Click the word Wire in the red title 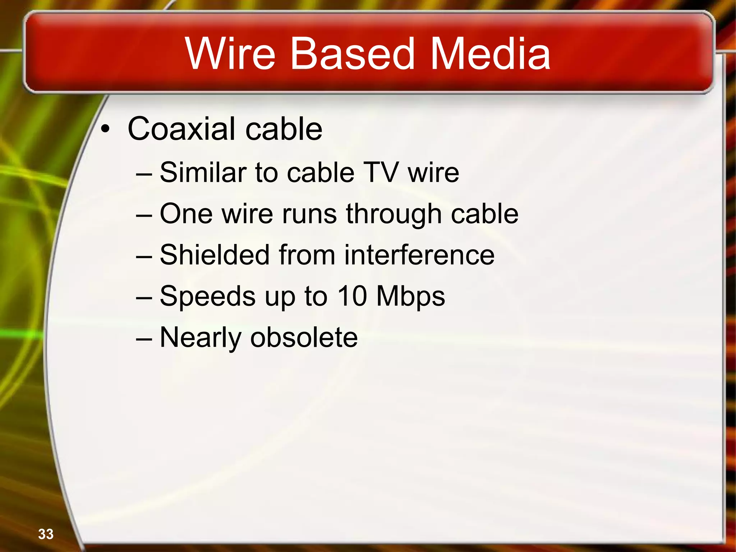pos(230,54)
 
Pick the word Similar pos(203,172)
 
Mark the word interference pos(419,255)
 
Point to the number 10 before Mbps pos(352,296)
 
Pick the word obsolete pos(304,338)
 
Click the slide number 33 pos(46,534)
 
